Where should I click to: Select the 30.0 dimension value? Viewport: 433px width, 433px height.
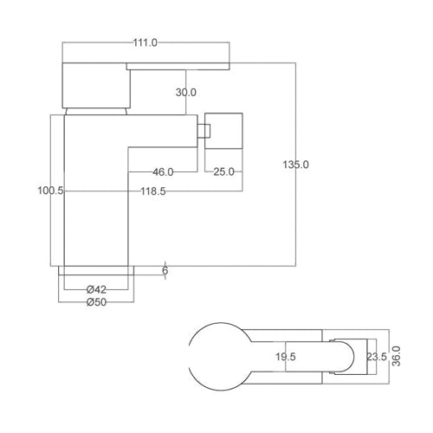coord(186,92)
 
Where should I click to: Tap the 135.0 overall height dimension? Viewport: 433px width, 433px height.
coord(296,165)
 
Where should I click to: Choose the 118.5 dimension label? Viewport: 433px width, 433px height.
coord(152,191)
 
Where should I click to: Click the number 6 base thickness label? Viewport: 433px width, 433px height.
coord(165,271)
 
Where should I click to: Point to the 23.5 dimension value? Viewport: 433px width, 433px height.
coord(377,355)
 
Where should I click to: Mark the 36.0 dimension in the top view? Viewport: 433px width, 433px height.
coord(397,355)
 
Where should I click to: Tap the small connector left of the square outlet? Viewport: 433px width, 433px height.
coord(206,131)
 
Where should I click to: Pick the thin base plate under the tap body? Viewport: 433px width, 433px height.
coord(96,270)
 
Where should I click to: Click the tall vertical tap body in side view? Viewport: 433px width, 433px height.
coord(87,191)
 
